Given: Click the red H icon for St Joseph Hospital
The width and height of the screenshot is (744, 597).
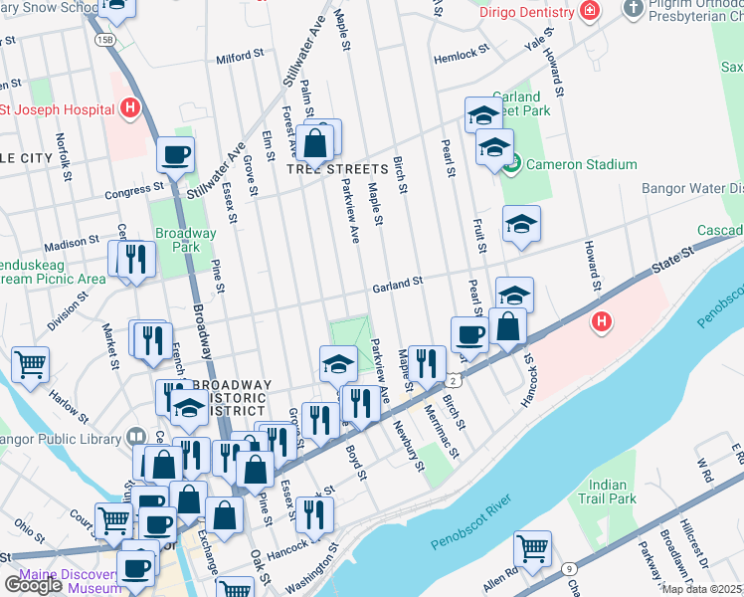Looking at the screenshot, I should pyautogui.click(x=128, y=108).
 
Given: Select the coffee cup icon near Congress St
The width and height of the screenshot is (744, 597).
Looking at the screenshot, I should pyautogui.click(x=175, y=155).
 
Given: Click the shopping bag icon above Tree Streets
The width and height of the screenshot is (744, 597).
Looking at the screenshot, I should pyautogui.click(x=315, y=144).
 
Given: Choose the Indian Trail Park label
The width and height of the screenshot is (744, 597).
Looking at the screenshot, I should pyautogui.click(x=607, y=491).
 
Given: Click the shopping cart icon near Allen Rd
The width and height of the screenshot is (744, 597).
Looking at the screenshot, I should pyautogui.click(x=532, y=547).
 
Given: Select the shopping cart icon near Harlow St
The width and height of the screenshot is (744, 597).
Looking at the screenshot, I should pyautogui.click(x=30, y=363).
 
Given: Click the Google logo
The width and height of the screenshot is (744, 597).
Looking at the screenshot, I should pyautogui.click(x=34, y=585).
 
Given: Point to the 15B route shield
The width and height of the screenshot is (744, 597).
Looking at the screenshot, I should pyautogui.click(x=104, y=39).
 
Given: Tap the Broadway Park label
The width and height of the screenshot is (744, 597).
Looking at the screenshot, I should pyautogui.click(x=186, y=240).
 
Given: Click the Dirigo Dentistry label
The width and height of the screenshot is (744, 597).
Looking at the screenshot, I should pyautogui.click(x=526, y=13).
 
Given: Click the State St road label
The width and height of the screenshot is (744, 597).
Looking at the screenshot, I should pyautogui.click(x=671, y=263).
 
